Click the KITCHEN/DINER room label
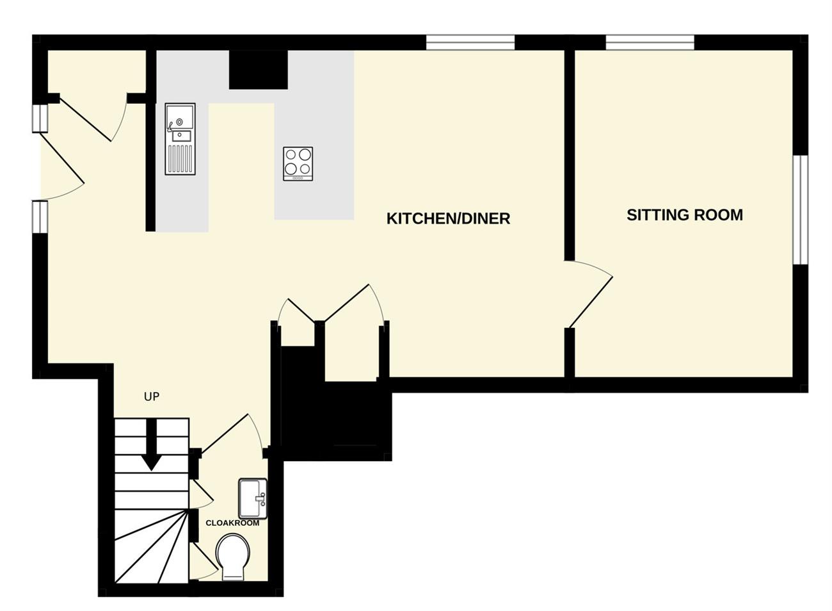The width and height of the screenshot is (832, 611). [448, 218]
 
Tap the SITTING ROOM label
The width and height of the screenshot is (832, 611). [685, 215]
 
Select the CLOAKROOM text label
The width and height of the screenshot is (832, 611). [232, 523]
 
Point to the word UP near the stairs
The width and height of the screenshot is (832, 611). [152, 397]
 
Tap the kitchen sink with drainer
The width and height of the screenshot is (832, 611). [180, 139]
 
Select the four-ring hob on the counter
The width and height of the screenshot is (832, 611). [298, 164]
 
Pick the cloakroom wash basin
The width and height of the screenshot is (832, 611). [253, 499]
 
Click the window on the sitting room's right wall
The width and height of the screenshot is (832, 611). [801, 210]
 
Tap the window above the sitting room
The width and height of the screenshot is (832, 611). [650, 42]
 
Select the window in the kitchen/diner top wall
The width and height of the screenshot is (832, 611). [470, 42]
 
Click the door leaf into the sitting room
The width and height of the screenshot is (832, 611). [591, 302]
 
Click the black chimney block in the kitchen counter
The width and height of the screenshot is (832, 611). [259, 70]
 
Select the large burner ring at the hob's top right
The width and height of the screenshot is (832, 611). [305, 154]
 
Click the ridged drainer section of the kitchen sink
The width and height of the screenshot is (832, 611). [180, 159]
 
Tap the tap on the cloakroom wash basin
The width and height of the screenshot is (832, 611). [261, 499]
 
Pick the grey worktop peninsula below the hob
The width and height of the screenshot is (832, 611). [314, 200]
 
